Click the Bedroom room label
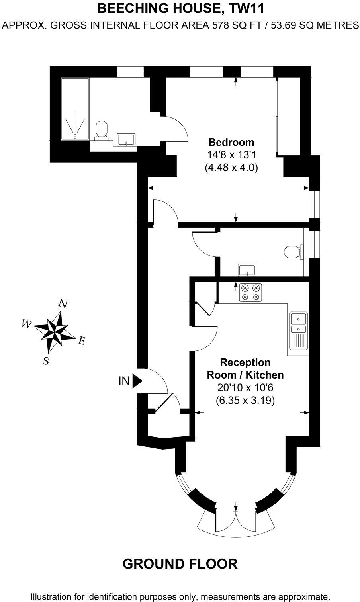click(x=231, y=142)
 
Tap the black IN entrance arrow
click(x=137, y=381)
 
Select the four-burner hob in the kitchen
click(x=250, y=292)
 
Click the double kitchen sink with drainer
click(x=298, y=334)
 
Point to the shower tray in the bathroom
click(x=75, y=109)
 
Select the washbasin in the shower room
click(x=126, y=139)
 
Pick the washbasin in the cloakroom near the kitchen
click(x=247, y=270)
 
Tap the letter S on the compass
click(x=46, y=361)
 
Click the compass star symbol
click(x=54, y=332)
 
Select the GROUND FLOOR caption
click(x=180, y=564)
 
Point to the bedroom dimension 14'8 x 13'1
click(x=231, y=155)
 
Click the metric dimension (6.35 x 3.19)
click(x=245, y=401)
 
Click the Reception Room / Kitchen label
click(x=245, y=368)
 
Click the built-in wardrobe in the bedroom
click(x=288, y=117)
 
